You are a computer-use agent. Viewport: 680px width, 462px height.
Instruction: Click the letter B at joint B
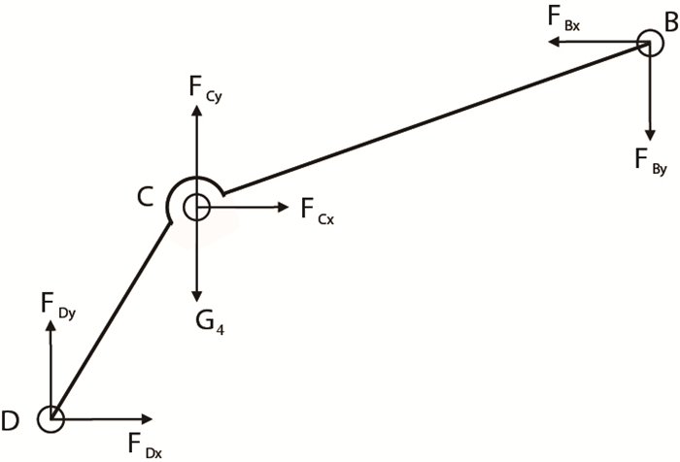pyautogui.click(x=670, y=19)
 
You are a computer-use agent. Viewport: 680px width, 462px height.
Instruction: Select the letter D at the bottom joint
pyautogui.click(x=11, y=420)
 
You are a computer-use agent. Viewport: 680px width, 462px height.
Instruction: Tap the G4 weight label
pyautogui.click(x=205, y=320)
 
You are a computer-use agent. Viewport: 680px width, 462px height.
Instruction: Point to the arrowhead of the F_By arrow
pyautogui.click(x=648, y=137)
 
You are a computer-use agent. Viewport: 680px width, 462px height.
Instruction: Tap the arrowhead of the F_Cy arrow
pyautogui.click(x=196, y=106)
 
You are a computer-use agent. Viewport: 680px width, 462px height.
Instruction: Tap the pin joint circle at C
pyautogui.click(x=196, y=207)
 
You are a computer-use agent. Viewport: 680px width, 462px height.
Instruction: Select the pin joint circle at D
pyautogui.click(x=50, y=419)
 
